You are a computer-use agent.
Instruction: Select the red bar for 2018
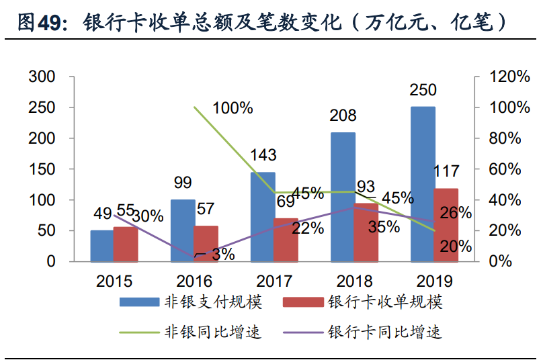(x=366, y=232)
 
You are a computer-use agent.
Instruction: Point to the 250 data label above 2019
(x=423, y=90)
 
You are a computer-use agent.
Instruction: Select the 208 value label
(x=343, y=116)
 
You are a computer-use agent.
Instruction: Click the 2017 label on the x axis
(x=274, y=281)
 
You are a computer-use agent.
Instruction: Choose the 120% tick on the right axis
(x=510, y=77)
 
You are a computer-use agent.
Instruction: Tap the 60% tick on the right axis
(x=505, y=169)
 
